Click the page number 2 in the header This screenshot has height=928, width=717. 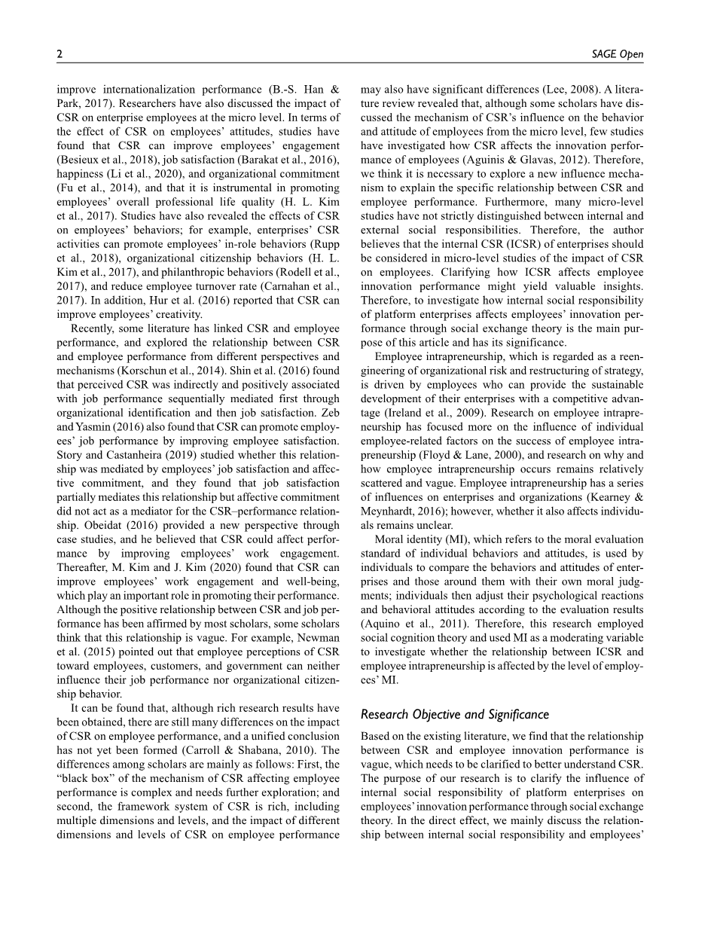tap(59, 54)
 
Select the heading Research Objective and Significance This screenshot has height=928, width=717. tap(455, 715)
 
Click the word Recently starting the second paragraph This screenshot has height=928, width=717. tap(95, 328)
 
